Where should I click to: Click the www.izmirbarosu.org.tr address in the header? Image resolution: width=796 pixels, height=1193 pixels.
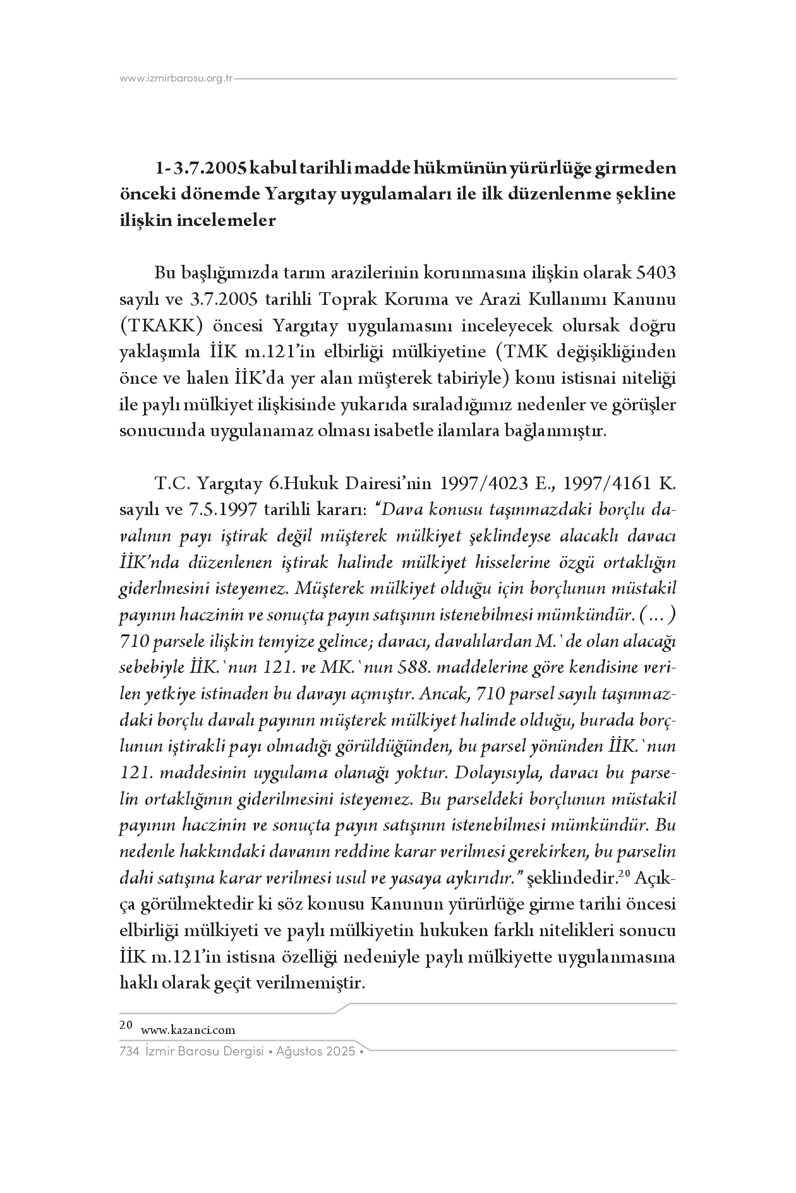click(x=176, y=79)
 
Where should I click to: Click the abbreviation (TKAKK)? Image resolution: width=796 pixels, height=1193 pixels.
click(x=161, y=326)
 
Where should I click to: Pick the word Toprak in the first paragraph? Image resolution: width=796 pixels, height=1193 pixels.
click(x=346, y=300)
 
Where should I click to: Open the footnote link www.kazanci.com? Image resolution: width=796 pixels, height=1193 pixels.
click(x=188, y=1030)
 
